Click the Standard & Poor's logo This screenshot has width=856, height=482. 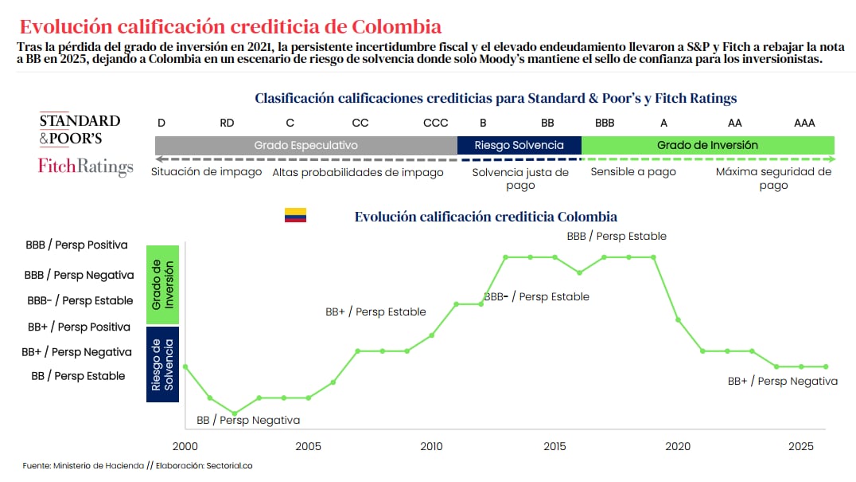80,129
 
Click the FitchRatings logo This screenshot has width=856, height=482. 85,167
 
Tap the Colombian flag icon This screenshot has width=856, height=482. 295,216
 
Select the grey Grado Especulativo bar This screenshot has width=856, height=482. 305,145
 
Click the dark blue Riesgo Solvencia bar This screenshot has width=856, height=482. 519,145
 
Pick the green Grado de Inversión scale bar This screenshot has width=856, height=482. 707,145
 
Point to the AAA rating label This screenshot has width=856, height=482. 804,123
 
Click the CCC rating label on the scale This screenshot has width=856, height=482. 435,123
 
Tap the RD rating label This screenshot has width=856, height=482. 227,123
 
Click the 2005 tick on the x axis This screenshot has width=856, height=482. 308,446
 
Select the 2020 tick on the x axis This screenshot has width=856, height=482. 678,446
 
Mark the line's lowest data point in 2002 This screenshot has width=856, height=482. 234,413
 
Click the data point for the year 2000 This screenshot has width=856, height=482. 185,366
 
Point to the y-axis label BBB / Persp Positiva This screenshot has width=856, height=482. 76,245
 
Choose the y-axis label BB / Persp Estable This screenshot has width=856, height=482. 78,376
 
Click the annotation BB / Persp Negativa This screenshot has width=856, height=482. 248,420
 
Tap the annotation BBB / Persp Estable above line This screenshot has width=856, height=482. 617,236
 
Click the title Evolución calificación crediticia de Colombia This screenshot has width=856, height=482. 230,27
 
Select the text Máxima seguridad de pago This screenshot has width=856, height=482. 772,178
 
